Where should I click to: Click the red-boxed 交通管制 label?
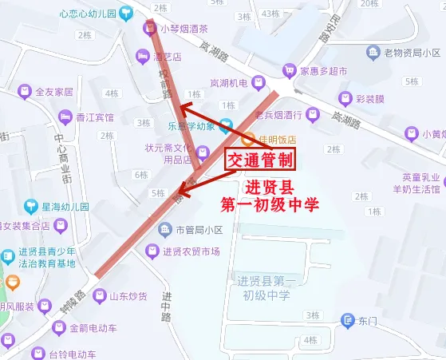261,160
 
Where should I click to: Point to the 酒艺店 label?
168,56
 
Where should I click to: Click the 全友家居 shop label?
53,92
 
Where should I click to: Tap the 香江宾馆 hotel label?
94,117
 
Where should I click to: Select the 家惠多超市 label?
323,71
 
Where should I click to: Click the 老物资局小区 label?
412,53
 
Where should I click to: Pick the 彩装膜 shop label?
370,100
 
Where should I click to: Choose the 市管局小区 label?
192,231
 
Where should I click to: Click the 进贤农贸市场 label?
191,252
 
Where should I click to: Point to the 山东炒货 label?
128,297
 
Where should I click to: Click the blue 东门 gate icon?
347,321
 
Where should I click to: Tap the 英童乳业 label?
422,177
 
